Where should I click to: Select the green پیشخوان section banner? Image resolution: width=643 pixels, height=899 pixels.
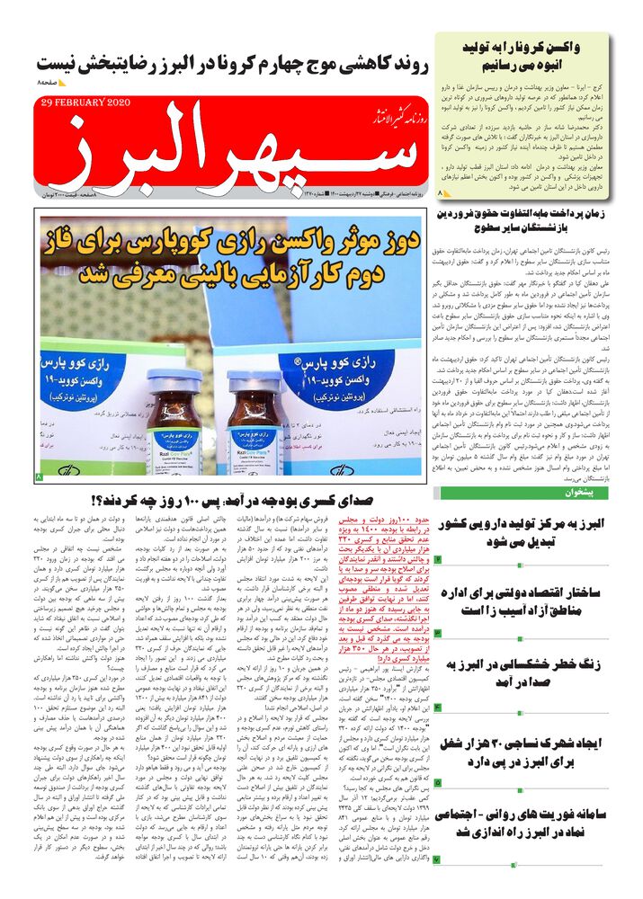(x=538, y=494)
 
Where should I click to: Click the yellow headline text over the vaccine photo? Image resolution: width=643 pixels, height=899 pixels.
(x=238, y=261)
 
